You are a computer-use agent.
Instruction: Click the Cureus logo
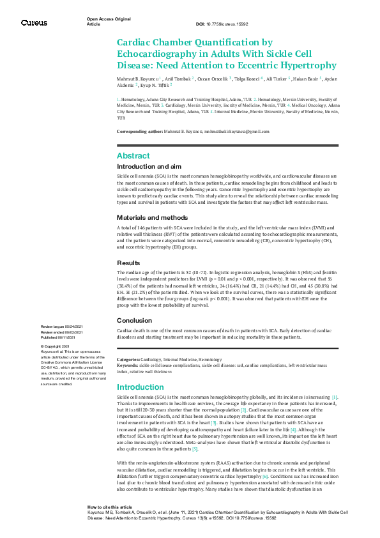34,22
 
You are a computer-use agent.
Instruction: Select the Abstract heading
133,155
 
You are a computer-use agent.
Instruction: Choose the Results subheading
128,263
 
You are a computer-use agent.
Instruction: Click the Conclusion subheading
133,320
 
